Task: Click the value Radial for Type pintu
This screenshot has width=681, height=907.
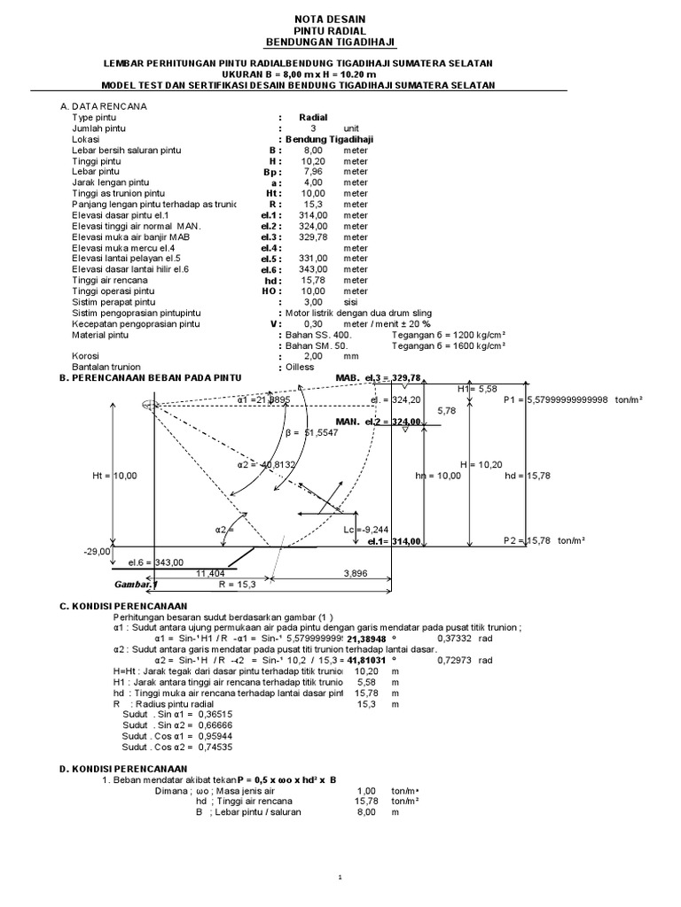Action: point(314,117)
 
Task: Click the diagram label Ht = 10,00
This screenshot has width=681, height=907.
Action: point(115,476)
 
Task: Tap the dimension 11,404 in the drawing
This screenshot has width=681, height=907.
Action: point(210,574)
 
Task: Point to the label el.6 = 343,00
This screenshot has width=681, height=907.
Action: point(156,562)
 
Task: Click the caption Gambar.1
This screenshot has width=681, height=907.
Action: point(136,585)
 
